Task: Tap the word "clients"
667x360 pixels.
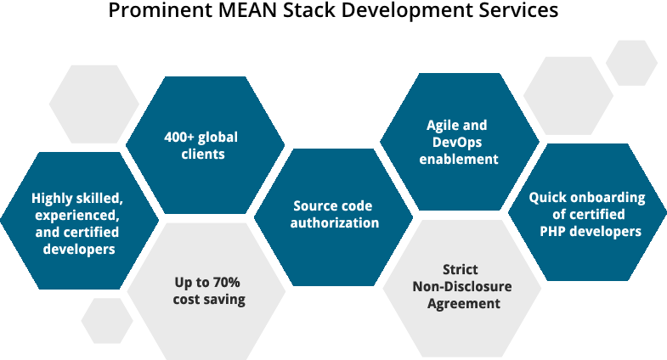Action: (x=203, y=155)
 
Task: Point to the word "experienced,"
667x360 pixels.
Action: (x=77, y=215)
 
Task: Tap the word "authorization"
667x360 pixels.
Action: (x=335, y=222)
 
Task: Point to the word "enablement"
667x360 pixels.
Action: (x=458, y=159)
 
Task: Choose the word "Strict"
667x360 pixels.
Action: (x=461, y=269)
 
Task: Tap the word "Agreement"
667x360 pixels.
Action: (x=463, y=303)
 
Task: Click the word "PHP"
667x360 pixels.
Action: (x=555, y=231)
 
